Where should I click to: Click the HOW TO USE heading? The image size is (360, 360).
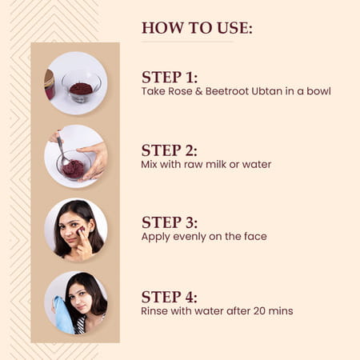point(197,28)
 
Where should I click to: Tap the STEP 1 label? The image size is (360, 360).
point(169,78)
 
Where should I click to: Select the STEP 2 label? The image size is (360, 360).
point(169,150)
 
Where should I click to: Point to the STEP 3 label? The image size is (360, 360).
point(169,222)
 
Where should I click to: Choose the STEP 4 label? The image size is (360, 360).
point(169,295)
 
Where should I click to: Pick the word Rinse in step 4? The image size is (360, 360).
point(155,310)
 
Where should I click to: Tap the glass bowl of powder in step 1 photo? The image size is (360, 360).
point(81,86)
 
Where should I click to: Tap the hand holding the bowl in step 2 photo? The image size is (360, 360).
point(95,160)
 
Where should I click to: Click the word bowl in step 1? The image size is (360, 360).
point(318,91)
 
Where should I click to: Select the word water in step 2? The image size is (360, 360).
point(258,164)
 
